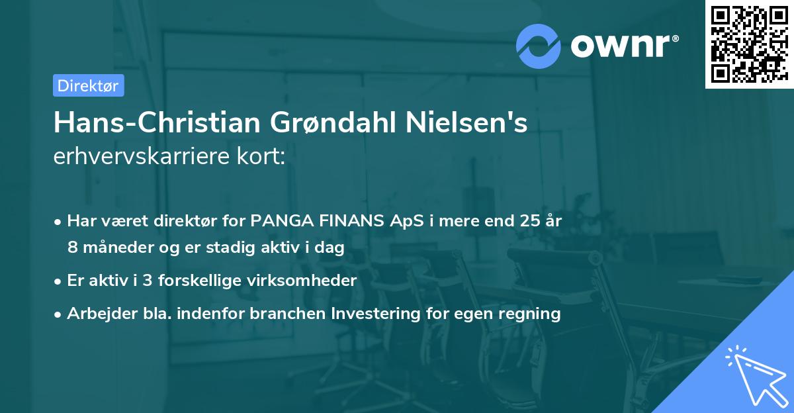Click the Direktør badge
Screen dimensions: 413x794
click(x=88, y=85)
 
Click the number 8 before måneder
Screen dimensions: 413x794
click(x=71, y=248)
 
